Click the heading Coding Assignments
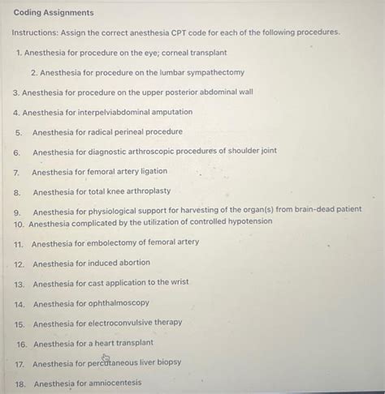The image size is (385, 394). [x=54, y=13]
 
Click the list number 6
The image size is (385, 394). [x=16, y=152]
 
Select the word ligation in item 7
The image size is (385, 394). [x=151, y=172]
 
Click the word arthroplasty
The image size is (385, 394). [x=147, y=191]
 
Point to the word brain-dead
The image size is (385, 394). [x=317, y=209]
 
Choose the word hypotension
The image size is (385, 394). [x=245, y=222]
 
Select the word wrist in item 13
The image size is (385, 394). [x=179, y=283]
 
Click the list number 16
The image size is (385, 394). [x=22, y=343]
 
